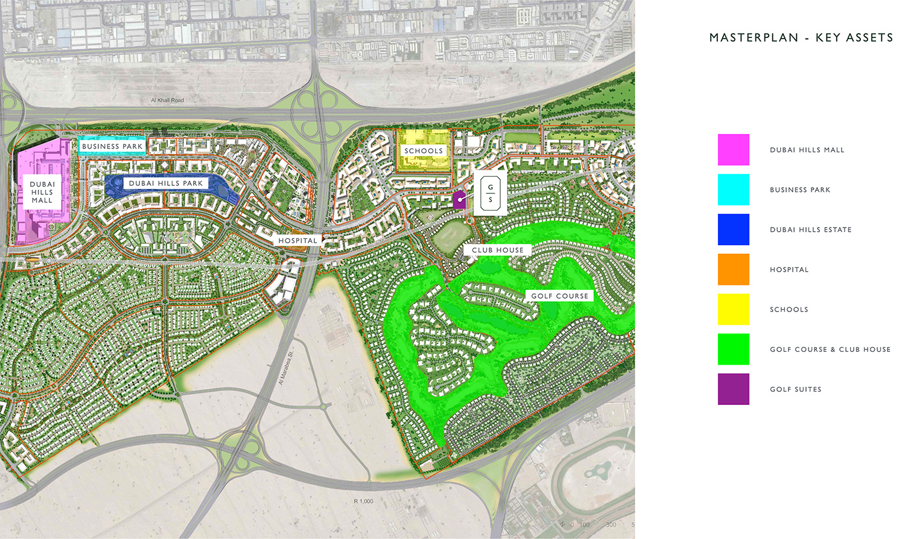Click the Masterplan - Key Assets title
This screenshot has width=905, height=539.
[x=801, y=37]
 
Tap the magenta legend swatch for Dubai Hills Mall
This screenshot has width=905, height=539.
[x=733, y=150]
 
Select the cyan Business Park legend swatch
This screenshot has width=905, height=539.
[x=733, y=190]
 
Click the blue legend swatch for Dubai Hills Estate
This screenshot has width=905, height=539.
[x=733, y=229]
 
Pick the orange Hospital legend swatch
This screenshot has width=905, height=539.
[x=733, y=269]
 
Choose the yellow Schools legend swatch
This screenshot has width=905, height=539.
[x=733, y=309]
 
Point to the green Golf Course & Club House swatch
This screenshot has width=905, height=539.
[x=733, y=349]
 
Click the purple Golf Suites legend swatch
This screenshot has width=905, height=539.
[x=733, y=389]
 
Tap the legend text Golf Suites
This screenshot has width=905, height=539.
[x=795, y=389]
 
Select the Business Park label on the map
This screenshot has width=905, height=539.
[x=112, y=146]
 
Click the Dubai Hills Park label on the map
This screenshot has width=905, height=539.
[x=166, y=183]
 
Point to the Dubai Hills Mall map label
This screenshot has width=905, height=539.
[x=42, y=192]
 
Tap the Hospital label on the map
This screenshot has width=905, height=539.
[x=297, y=240]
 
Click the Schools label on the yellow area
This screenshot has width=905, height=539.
[x=424, y=151]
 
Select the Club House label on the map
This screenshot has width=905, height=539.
[x=498, y=250]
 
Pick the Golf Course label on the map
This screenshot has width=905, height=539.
[x=559, y=296]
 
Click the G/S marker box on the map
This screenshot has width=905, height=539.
[x=490, y=193]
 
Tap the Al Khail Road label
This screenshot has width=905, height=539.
[x=167, y=100]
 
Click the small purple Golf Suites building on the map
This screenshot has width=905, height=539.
[x=459, y=200]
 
